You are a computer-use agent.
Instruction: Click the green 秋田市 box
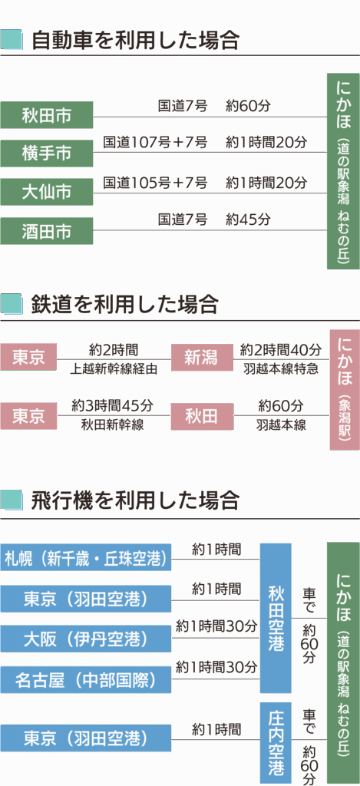point(47,115)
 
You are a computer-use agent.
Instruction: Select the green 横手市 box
point(47,154)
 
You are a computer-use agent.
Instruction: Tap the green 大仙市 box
point(47,192)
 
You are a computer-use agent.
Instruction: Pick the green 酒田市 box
point(47,231)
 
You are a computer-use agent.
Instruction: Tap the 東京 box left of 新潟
point(28,357)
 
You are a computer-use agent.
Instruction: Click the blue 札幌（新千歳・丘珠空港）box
point(86,557)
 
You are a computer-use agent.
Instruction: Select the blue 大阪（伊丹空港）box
point(86,639)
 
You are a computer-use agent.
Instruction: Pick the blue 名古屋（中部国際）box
point(86,680)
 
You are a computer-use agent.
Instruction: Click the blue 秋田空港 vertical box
point(276,618)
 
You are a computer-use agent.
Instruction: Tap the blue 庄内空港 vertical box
point(276,743)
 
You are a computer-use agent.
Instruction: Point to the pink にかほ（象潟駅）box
point(345,389)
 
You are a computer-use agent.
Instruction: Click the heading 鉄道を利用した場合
point(125,304)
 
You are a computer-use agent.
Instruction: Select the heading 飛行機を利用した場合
point(135,500)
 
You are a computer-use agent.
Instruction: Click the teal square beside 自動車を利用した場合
point(12,40)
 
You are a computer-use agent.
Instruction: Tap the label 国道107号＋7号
point(155,142)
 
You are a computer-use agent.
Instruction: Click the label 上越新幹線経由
point(114,369)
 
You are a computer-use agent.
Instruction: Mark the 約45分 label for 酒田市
point(248,220)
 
